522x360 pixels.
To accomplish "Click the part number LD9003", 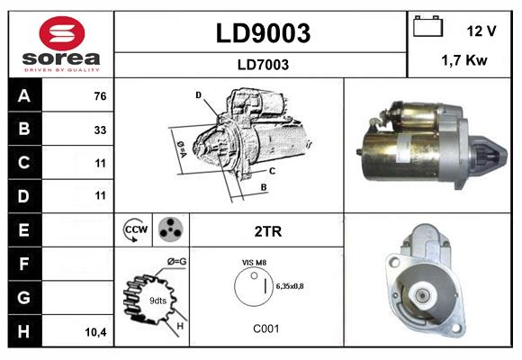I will click(x=262, y=33).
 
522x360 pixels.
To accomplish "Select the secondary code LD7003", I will click(x=262, y=64).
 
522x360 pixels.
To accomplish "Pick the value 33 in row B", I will click(x=99, y=130).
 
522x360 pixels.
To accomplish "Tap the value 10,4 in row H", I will click(x=95, y=331).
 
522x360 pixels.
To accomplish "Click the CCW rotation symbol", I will click(x=133, y=230).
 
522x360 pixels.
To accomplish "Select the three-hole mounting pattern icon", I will click(x=169, y=230).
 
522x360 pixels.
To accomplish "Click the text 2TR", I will click(x=268, y=231).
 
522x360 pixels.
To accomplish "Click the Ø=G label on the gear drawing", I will click(x=175, y=262).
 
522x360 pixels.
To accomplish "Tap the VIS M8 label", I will click(x=253, y=262).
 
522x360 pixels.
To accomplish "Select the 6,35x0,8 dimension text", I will click(x=287, y=285).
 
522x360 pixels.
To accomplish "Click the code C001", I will click(x=265, y=328).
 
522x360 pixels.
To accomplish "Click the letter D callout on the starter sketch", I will click(x=198, y=94).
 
